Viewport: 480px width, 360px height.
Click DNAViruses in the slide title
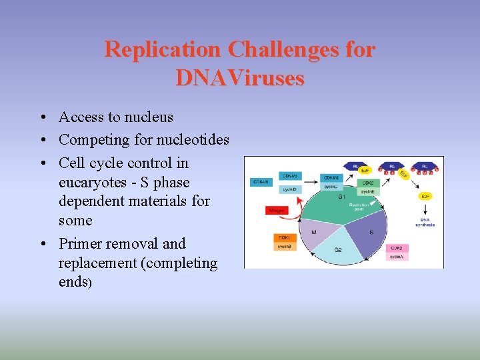(x=240, y=78)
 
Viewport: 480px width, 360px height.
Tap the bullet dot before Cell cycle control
(x=42, y=163)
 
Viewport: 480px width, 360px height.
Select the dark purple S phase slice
(x=367, y=230)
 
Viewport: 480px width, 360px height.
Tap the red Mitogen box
(x=277, y=210)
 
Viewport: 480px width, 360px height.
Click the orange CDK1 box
(x=285, y=238)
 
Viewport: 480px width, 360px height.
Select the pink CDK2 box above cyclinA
(x=396, y=247)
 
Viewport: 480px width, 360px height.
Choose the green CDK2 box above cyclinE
(x=368, y=182)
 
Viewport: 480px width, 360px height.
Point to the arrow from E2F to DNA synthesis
(x=426, y=207)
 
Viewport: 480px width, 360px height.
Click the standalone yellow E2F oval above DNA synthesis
(x=426, y=196)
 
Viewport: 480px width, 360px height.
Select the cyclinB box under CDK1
(x=285, y=247)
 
